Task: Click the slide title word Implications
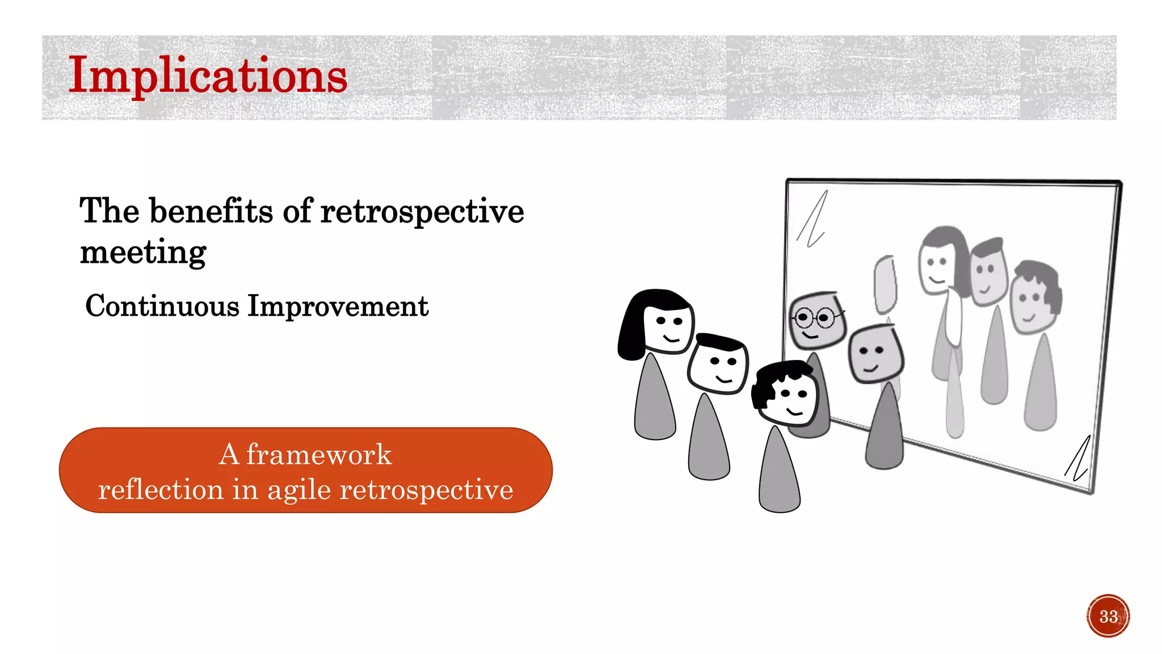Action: [x=207, y=76]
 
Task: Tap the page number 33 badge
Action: [x=1108, y=616]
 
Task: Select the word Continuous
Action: [x=162, y=306]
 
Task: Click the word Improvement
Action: [x=338, y=306]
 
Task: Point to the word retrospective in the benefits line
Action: [x=422, y=211]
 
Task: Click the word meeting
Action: [x=143, y=252]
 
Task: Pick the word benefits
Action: [x=211, y=211]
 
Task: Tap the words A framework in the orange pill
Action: [x=305, y=454]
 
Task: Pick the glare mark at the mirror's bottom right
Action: [x=1077, y=460]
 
